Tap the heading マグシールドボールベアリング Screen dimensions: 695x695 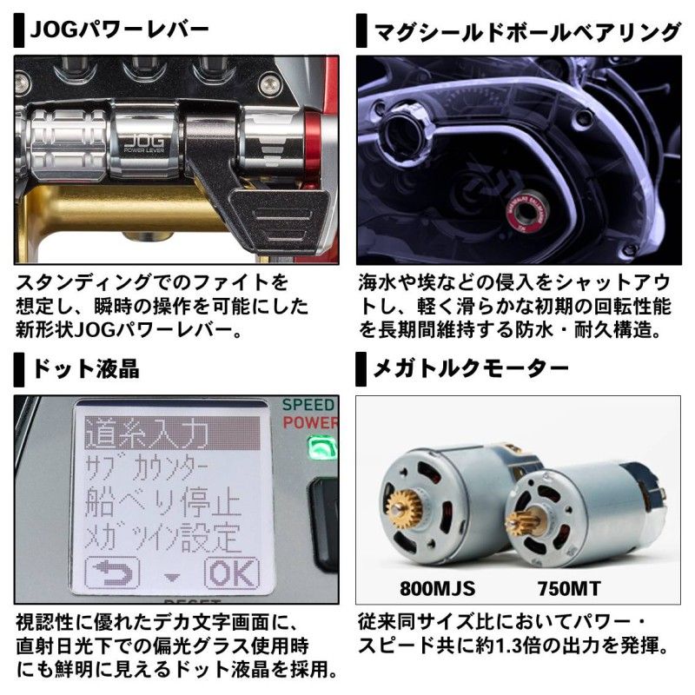click(x=525, y=32)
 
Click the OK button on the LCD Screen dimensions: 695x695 click(x=230, y=573)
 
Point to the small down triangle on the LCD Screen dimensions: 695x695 click(x=171, y=577)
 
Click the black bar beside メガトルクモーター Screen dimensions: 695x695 click(x=361, y=368)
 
